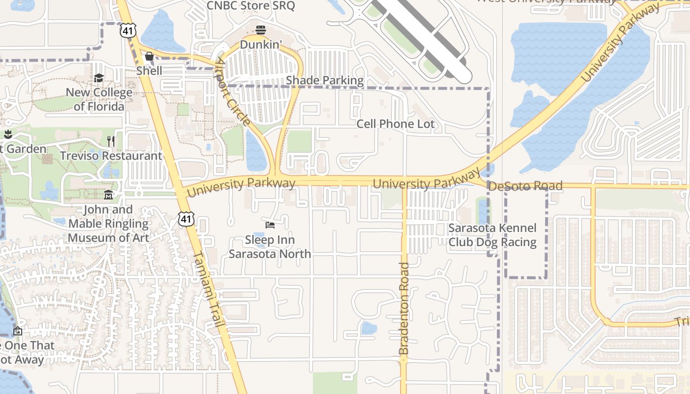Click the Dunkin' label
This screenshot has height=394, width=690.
[x=261, y=45]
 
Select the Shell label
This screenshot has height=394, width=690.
[x=149, y=70]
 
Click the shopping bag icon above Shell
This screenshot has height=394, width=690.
[x=149, y=57]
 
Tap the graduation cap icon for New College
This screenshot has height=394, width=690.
[x=99, y=78]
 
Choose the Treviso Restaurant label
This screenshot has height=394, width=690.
[x=111, y=156]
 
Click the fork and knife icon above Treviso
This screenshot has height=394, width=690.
[x=111, y=142]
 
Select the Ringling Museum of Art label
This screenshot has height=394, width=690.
[x=108, y=224]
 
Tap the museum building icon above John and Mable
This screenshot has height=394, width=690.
[x=108, y=195]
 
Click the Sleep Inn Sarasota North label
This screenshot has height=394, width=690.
[x=270, y=247]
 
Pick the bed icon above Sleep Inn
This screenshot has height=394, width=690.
[x=270, y=225]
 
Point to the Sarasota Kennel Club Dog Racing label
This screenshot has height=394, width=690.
[x=492, y=235]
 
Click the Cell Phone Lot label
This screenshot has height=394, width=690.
[x=396, y=124]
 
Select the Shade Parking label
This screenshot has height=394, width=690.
[x=325, y=80]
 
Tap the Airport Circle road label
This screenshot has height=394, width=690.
[x=232, y=94]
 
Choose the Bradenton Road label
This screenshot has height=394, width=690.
[x=404, y=309]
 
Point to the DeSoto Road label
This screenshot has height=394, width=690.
[x=525, y=186]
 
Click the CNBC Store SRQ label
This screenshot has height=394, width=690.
[x=250, y=6]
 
